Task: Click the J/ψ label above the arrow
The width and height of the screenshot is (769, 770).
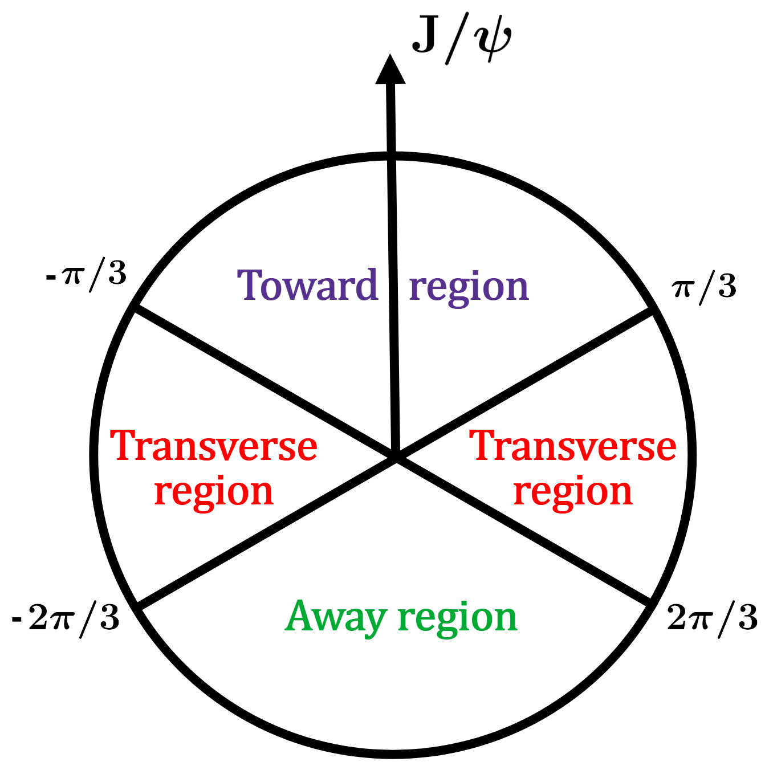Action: (x=461, y=39)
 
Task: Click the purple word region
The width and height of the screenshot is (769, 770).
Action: (x=469, y=287)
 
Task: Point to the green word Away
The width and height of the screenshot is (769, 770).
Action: (x=336, y=617)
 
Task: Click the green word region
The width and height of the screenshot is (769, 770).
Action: (x=457, y=618)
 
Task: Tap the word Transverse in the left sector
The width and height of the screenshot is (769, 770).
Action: (x=214, y=446)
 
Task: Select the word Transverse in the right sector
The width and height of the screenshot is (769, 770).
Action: (x=573, y=446)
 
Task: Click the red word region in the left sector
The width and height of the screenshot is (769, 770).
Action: (x=214, y=492)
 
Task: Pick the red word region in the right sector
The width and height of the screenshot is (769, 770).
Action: (x=573, y=492)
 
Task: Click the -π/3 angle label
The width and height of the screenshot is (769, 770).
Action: (x=86, y=275)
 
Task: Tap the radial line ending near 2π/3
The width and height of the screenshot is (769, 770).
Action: (x=524, y=530)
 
